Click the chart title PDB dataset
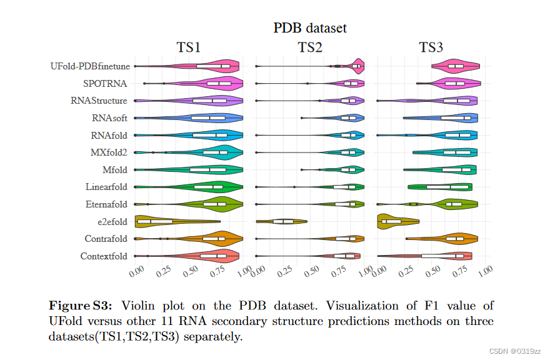[x=309, y=27]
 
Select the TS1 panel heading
[x=188, y=48]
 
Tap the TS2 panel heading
[x=310, y=48]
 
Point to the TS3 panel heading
[x=431, y=48]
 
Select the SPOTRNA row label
[x=105, y=83]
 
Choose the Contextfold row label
[x=104, y=256]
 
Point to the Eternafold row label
[x=106, y=204]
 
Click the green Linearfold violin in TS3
[x=441, y=187]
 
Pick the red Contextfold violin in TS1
[x=206, y=256]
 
